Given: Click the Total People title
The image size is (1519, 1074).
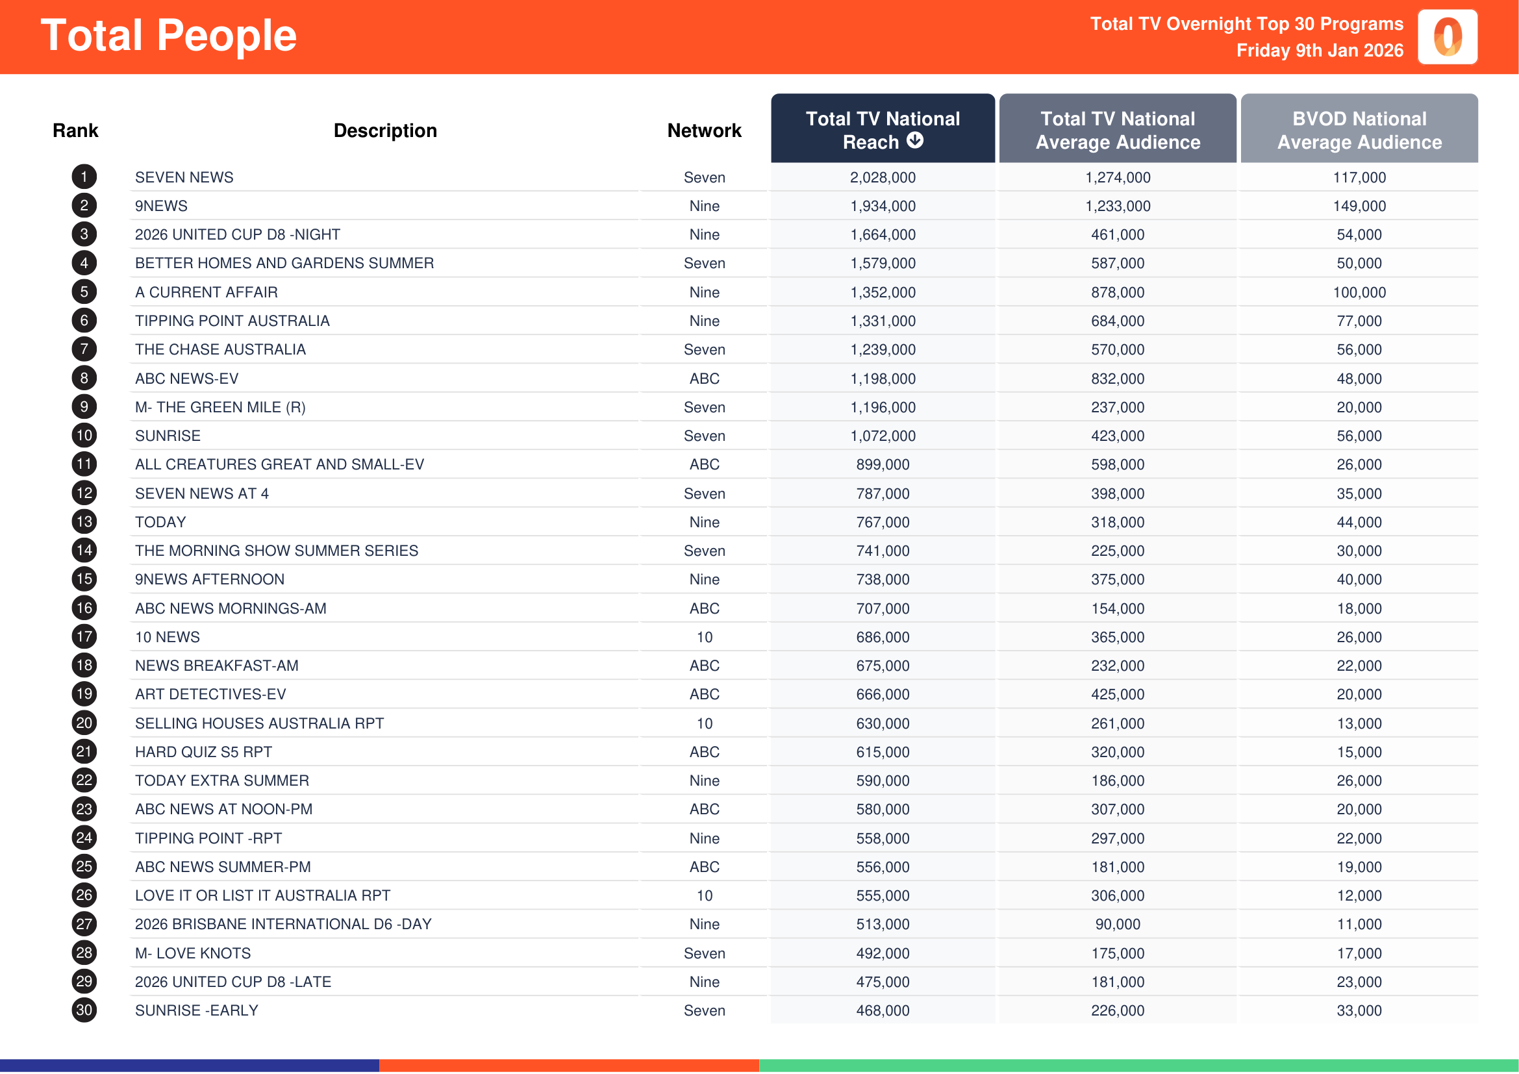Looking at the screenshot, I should point(169,35).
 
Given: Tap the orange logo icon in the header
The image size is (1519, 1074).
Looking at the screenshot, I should point(1447,37).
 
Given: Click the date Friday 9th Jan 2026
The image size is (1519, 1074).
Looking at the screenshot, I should point(1319,51).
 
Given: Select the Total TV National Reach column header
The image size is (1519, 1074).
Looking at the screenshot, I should point(882,130).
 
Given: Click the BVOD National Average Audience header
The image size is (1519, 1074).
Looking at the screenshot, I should point(1359,130).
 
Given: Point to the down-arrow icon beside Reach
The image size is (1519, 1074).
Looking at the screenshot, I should point(915,140).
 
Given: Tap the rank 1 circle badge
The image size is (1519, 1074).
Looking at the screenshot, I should point(84,177).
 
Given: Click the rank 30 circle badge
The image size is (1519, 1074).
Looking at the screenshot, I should point(84,1010).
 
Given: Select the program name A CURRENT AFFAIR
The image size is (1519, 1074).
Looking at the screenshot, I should point(207,292).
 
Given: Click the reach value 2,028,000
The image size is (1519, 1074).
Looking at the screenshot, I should point(883,177).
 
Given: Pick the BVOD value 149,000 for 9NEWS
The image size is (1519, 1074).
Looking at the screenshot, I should point(1359,206).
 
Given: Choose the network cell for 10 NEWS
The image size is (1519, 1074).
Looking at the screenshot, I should point(704,637).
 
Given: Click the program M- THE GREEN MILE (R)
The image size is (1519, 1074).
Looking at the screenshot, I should point(220,407).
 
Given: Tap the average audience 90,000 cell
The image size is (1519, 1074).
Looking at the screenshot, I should point(1118,924).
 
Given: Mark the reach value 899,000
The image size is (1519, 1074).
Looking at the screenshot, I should point(883,464).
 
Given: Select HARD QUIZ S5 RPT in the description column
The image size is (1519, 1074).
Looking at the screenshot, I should point(204,752).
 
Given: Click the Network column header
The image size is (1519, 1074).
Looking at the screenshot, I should point(704,131).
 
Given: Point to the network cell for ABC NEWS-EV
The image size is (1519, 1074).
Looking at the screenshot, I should point(704,379).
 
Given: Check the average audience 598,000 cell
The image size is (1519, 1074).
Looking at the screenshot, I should point(1118,464).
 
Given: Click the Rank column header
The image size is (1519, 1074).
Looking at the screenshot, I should point(75,131).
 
